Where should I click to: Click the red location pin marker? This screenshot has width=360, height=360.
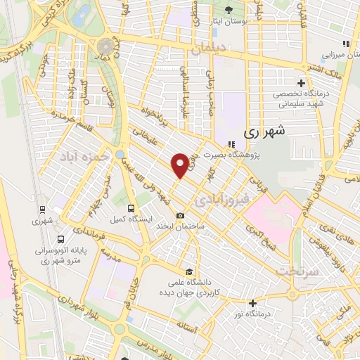pos(181,165)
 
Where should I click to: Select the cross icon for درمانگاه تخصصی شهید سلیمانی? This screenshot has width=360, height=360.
pos(302,83)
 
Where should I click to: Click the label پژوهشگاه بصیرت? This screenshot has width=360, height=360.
pos(231,155)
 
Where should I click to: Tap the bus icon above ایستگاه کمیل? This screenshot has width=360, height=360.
pos(131,207)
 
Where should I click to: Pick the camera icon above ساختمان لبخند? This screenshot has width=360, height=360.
pos(181,215)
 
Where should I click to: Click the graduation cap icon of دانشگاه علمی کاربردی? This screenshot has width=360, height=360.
pos(188,271)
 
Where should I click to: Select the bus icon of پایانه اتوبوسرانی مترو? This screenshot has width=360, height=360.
pos(61,238)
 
